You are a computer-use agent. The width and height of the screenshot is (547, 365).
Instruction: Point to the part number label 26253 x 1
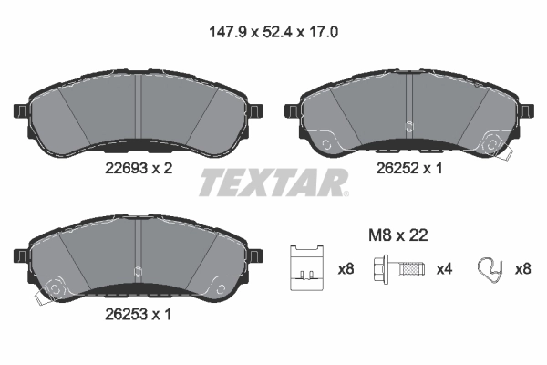134,315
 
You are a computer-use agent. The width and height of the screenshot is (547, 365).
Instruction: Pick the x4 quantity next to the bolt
445,269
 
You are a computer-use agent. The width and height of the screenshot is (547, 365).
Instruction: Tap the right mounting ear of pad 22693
256,111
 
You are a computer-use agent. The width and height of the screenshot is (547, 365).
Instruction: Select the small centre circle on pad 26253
136,270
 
